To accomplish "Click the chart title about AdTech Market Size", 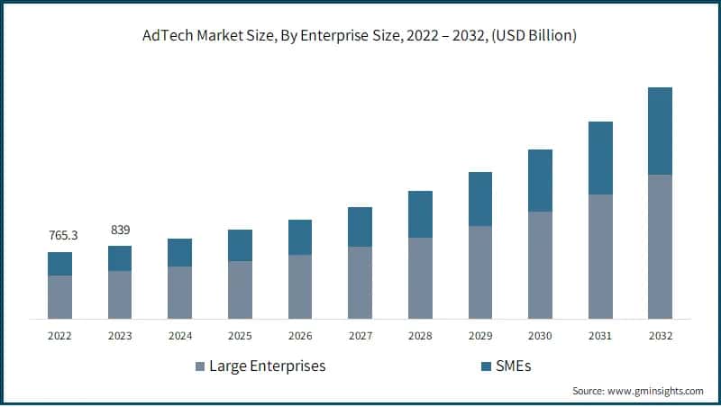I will (360, 36).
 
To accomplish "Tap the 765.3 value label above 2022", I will (62, 236).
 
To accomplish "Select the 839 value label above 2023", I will (120, 230).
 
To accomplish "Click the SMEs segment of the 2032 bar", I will (660, 131).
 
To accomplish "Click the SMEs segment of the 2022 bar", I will (60, 264).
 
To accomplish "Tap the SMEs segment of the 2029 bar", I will (480, 199).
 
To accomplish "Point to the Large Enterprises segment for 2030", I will (540, 265).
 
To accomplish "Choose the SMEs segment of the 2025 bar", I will (240, 245).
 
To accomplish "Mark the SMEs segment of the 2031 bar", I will (600, 158).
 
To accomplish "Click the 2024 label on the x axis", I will (180, 336).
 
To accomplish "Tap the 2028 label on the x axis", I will (420, 336).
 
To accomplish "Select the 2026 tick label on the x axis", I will (300, 336).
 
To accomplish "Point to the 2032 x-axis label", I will (660, 336).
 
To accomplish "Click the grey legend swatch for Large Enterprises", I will (199, 366).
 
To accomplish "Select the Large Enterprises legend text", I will (267, 366).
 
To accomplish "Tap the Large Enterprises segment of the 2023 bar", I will (120, 294).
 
